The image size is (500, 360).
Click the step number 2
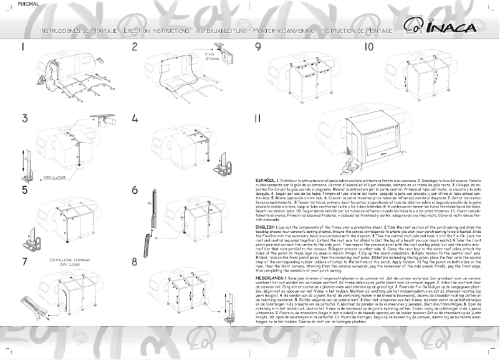pyautogui.click(x=135, y=47)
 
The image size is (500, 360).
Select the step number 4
pyautogui.click(x=135, y=118)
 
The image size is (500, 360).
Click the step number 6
pyautogui.click(x=135, y=190)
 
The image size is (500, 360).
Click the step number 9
pyautogui.click(x=257, y=47)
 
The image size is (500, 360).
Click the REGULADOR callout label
pyautogui.click(x=55, y=178)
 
